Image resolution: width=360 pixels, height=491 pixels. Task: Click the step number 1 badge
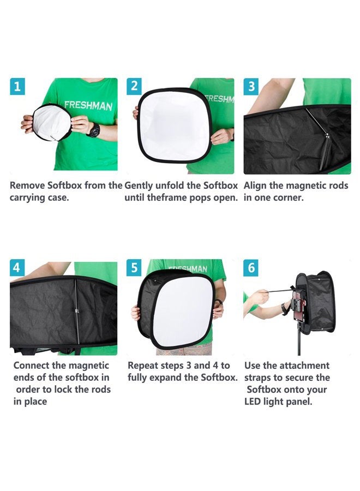point(17,86)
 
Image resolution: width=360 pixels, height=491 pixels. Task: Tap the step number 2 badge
point(134,86)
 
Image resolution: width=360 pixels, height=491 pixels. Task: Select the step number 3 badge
point(251,86)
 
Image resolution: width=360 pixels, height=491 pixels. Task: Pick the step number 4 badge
point(17,268)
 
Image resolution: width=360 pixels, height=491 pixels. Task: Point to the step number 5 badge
point(134,268)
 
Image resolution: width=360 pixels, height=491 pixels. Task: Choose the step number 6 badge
point(251,268)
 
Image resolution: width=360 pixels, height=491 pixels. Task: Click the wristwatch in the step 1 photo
point(93,130)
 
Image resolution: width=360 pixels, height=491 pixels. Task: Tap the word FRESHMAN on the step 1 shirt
point(88,105)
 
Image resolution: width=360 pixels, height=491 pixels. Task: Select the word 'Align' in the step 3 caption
point(256,185)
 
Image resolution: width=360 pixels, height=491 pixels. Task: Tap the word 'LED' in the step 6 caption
point(254,402)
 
